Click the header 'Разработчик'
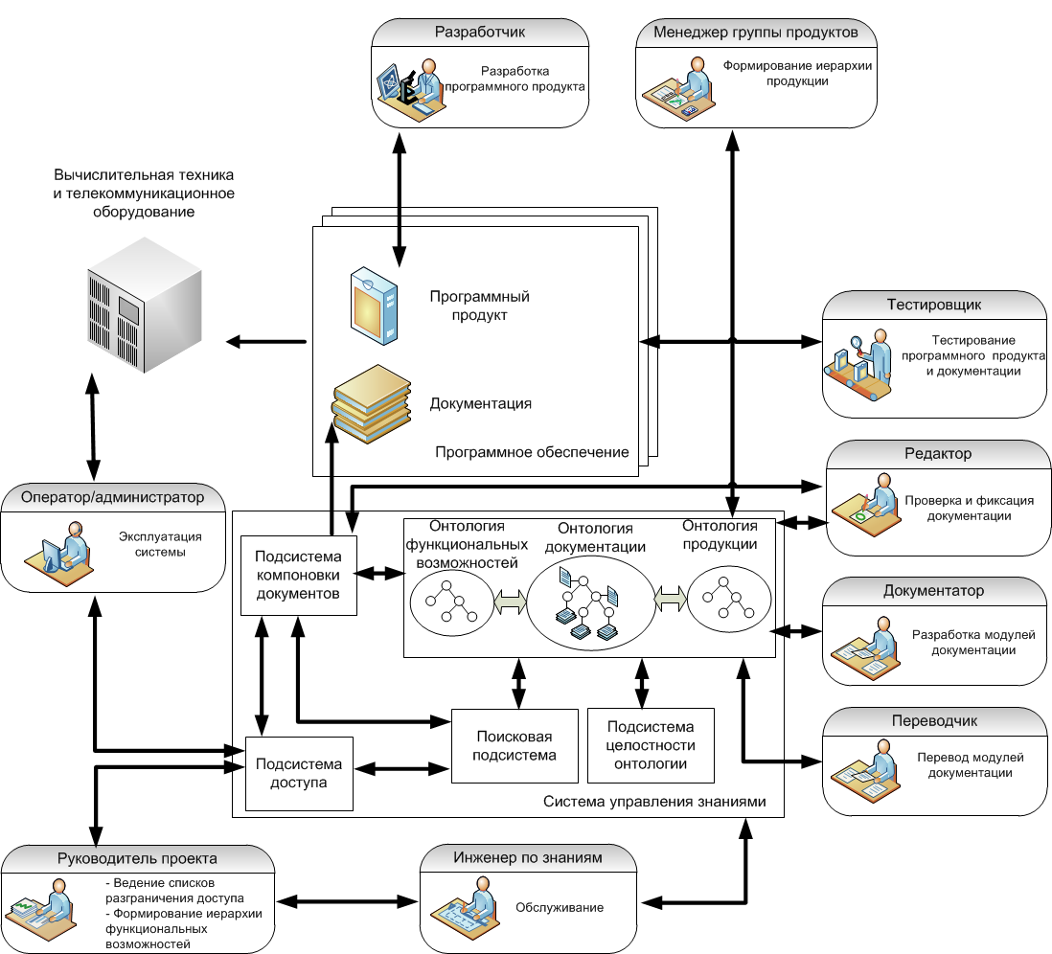pos(480,32)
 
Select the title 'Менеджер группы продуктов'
pos(755,33)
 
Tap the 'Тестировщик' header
pos(934,305)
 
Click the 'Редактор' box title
pos(938,453)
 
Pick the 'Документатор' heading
pos(933,590)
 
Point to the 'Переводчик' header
pos(934,720)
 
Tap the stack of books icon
pos(371,403)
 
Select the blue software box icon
pos(374,306)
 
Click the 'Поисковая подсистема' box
pos(515,746)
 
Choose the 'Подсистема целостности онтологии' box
pos(651,745)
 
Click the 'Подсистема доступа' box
pos(299,774)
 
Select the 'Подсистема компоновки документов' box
pos(299,575)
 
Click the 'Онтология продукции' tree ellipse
pos(729,599)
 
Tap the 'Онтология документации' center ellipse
pos(590,603)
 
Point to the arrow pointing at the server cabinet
pos(266,342)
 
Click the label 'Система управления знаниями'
pos(654,801)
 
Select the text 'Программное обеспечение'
pos(532,452)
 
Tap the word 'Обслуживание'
pos(560,907)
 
